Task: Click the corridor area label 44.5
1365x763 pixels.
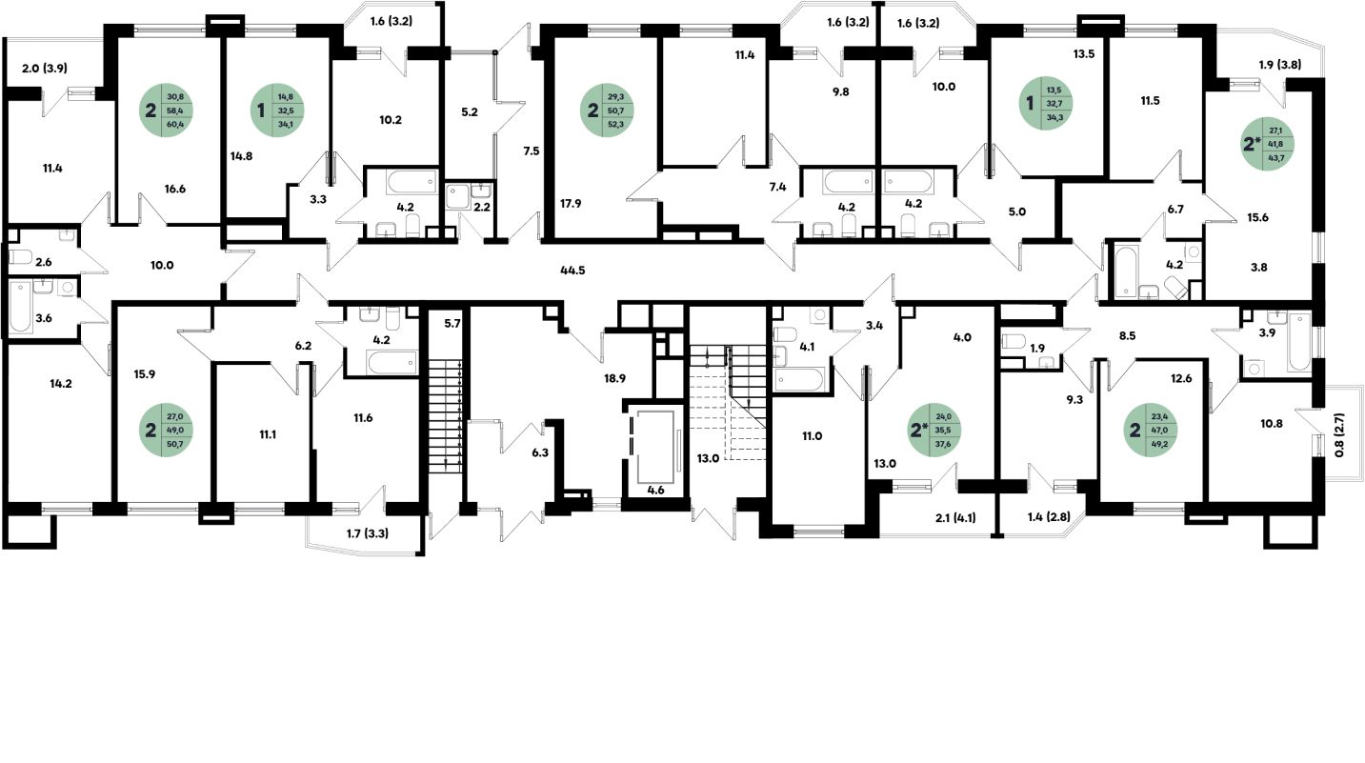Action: point(572,271)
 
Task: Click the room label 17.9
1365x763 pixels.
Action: point(572,201)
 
